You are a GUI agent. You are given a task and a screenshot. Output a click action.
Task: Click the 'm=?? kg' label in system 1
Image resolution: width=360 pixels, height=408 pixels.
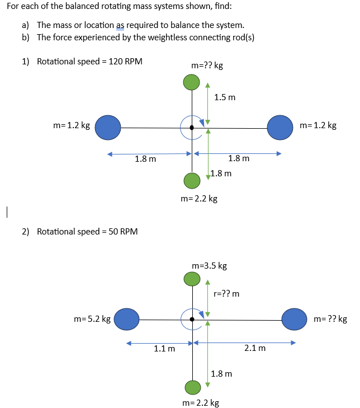pyautogui.click(x=207, y=65)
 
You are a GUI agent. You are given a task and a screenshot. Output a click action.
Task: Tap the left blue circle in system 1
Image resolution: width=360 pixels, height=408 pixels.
pyautogui.click(x=108, y=127)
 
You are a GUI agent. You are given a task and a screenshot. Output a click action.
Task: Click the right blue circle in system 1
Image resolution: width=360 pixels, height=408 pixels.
pyautogui.click(x=281, y=127)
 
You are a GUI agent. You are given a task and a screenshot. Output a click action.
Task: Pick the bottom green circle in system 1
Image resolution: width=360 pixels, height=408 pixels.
pyautogui.click(x=192, y=180)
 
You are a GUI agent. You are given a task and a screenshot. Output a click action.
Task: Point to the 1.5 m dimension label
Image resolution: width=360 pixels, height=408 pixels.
pyautogui.click(x=225, y=97)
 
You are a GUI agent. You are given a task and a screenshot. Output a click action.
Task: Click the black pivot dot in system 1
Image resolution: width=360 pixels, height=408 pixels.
pyautogui.click(x=192, y=128)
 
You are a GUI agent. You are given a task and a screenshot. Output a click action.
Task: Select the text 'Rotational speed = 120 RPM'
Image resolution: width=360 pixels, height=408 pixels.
pyautogui.click(x=89, y=61)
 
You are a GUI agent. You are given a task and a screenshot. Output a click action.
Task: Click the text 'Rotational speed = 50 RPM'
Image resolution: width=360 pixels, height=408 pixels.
pyautogui.click(x=87, y=231)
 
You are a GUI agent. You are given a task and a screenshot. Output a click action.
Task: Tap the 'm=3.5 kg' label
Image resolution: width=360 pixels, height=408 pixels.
pyautogui.click(x=209, y=265)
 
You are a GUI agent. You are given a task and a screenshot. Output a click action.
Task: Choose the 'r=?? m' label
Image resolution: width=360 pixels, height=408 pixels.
pyautogui.click(x=226, y=293)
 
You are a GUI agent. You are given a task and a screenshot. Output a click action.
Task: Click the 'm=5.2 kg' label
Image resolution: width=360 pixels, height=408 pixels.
pyautogui.click(x=92, y=319)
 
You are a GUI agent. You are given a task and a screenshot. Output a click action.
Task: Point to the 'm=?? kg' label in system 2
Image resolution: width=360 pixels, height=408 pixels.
pyautogui.click(x=330, y=319)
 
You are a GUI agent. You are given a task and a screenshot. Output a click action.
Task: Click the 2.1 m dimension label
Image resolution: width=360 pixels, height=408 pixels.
pyautogui.click(x=255, y=348)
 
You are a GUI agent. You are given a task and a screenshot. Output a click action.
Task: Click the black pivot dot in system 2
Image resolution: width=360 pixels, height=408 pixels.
pyautogui.click(x=192, y=319)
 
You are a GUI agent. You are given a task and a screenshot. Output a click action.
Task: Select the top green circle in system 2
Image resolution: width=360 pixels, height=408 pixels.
pyautogui.click(x=192, y=278)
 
